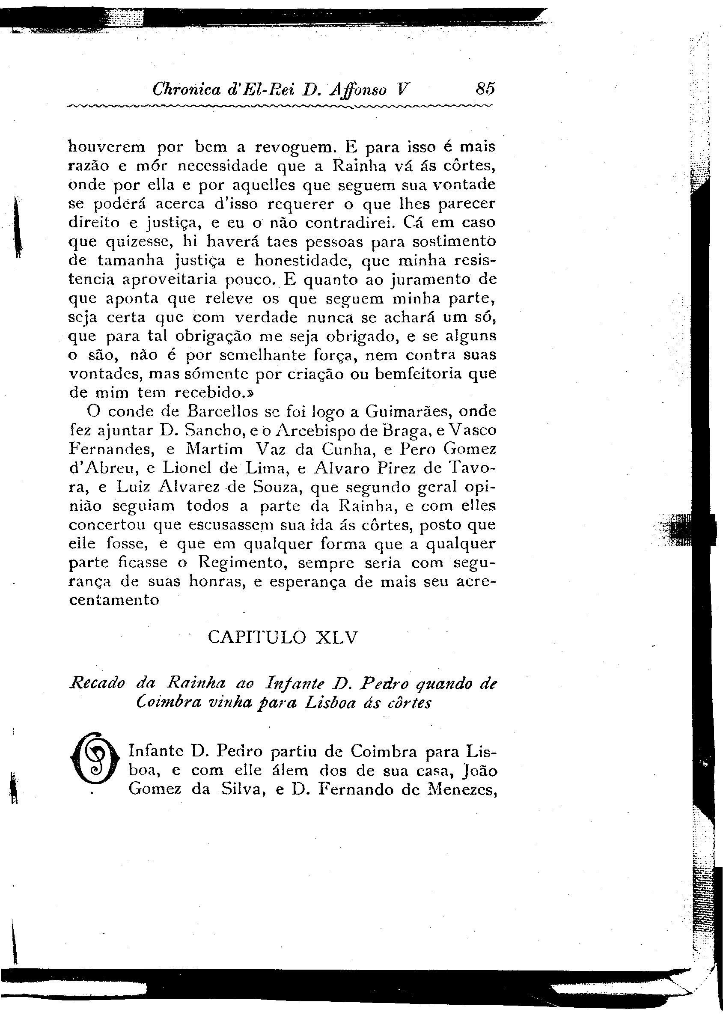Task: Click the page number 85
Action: point(485,89)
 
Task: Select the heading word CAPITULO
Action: point(257,637)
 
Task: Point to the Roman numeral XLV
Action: point(336,637)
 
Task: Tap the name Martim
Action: point(214,449)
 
